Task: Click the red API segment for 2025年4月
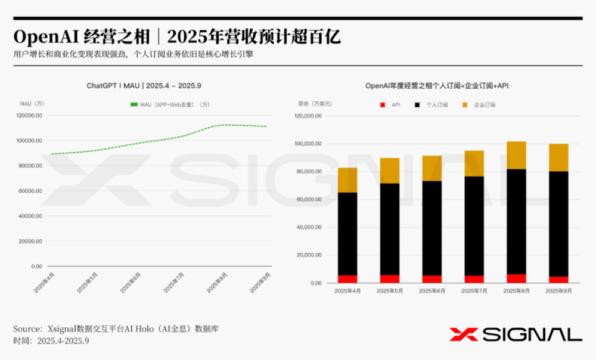(x=347, y=279)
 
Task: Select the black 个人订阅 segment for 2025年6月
(x=432, y=228)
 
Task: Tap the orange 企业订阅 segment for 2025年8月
(x=517, y=155)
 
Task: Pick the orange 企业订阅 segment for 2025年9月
(x=559, y=157)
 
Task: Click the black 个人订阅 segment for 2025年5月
(x=390, y=229)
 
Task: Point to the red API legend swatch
(x=382, y=105)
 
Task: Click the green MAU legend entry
(x=169, y=105)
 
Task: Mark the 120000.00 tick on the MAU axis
(x=29, y=116)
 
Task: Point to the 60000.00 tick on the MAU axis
(x=29, y=191)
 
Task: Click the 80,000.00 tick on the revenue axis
(x=309, y=172)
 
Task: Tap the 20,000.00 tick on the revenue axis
(x=309, y=255)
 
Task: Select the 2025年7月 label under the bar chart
(x=474, y=291)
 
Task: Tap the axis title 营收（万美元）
(x=315, y=104)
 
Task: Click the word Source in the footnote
(x=26, y=329)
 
